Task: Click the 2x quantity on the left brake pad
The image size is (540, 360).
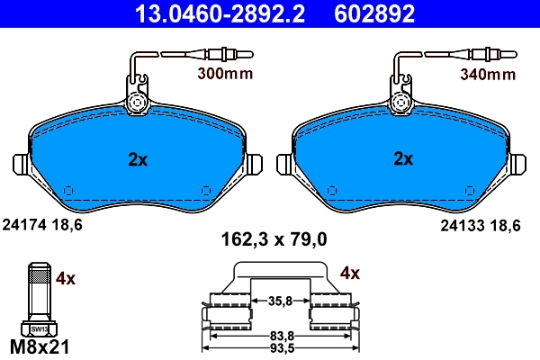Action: click(x=137, y=159)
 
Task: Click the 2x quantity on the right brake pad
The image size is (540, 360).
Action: click(x=402, y=159)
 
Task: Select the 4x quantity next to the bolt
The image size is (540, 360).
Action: click(x=66, y=279)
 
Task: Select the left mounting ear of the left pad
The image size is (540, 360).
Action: click(x=22, y=166)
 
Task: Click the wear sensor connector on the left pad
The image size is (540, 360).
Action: click(x=138, y=103)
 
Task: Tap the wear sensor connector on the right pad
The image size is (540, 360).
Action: click(x=403, y=103)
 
